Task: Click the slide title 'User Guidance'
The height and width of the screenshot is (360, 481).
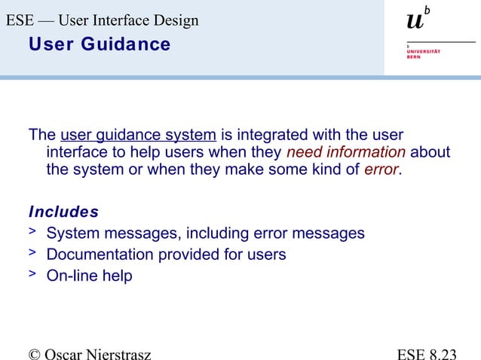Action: [x=100, y=45]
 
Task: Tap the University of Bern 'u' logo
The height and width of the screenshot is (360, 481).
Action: [x=415, y=21]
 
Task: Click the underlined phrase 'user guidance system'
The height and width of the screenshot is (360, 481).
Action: [x=138, y=136]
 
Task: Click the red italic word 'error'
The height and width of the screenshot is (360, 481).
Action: [x=381, y=169]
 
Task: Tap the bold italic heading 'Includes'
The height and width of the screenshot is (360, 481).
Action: [x=63, y=212]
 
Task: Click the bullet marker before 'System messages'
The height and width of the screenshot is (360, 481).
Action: [x=32, y=232]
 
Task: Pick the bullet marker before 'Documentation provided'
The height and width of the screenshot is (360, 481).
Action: [x=32, y=253]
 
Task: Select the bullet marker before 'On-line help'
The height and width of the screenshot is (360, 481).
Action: [x=32, y=274]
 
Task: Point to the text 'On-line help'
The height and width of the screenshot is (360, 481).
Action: [x=89, y=276]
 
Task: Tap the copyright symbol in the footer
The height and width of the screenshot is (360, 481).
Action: [x=12, y=352]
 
